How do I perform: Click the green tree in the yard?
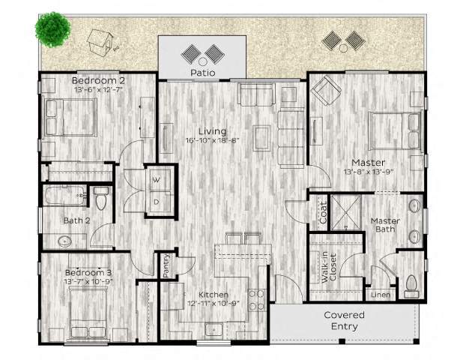click(52, 28)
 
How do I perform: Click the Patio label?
click(202, 73)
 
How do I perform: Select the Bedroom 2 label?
click(97, 80)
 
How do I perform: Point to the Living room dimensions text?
click(211, 140)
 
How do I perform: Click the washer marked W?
click(157, 180)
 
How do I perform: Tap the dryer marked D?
click(157, 202)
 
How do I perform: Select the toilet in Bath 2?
click(102, 199)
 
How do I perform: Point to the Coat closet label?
click(324, 212)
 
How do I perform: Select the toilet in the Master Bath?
click(411, 284)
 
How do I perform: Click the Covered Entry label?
click(344, 320)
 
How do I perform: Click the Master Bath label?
click(385, 226)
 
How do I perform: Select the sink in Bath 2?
click(64, 241)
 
